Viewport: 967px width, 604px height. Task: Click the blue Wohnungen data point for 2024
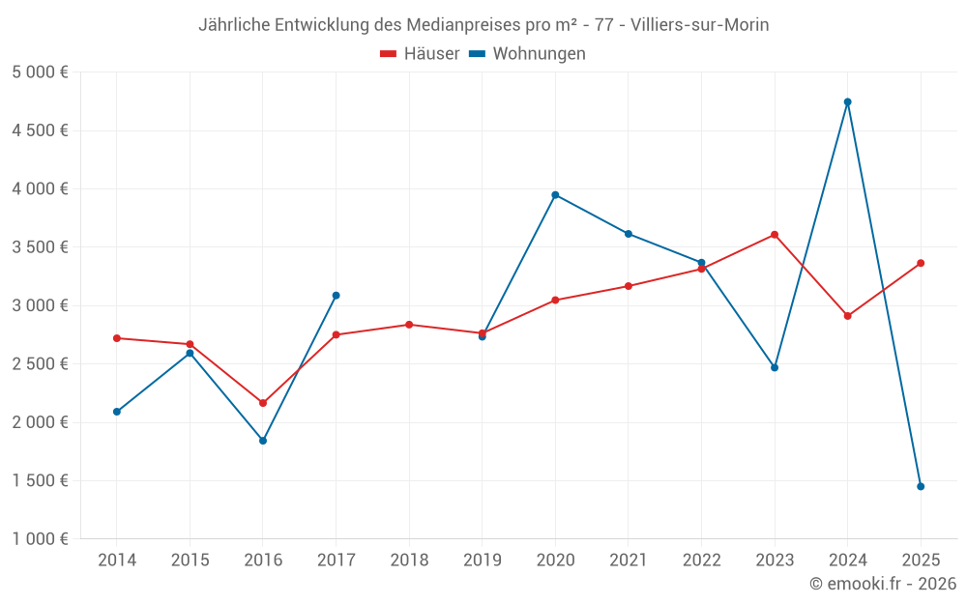pos(847,101)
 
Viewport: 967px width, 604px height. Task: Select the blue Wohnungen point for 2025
pos(921,486)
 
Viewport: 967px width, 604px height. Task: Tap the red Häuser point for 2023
pos(775,234)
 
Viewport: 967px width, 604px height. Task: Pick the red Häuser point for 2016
pos(263,403)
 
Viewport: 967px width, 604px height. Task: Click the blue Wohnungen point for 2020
pos(555,194)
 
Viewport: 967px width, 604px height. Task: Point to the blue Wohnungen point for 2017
pos(336,295)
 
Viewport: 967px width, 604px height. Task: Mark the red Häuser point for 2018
pos(409,325)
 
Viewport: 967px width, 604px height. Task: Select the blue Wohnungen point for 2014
pos(117,412)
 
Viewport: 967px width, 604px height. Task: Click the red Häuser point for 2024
pos(847,316)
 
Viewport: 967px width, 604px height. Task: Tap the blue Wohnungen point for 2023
pos(775,367)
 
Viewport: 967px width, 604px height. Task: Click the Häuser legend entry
pos(420,54)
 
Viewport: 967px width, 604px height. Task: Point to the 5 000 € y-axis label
pos(40,72)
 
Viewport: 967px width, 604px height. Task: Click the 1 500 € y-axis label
pos(40,480)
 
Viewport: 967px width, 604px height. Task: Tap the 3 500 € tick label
pos(40,247)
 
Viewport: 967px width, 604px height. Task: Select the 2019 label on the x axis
pos(482,561)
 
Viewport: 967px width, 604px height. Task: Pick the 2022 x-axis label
pos(701,561)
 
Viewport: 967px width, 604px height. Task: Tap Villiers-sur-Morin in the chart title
pos(700,25)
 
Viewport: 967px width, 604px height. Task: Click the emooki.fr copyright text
pos(883,584)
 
